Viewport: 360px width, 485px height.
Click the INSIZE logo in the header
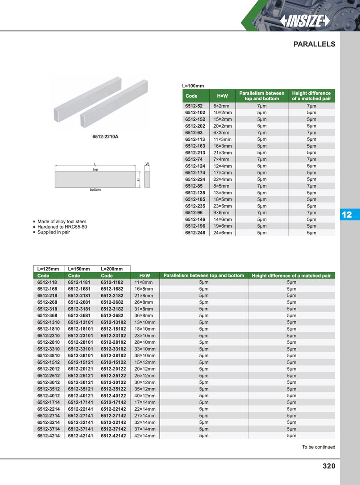[x=305, y=21]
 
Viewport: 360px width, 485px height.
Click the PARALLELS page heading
[x=314, y=44]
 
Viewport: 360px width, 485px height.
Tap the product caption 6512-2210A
[x=105, y=136]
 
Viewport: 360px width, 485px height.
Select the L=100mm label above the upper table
[x=193, y=85]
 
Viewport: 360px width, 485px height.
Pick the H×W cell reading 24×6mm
[x=223, y=233]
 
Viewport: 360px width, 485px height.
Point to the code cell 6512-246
[x=195, y=233]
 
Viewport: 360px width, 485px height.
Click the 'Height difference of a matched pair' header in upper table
[x=311, y=96]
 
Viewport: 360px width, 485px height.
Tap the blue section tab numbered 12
[x=346, y=215]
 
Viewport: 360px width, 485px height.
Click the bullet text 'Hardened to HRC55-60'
[x=62, y=227]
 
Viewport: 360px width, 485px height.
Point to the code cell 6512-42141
[x=81, y=436]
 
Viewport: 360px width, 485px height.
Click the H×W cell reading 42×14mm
[x=145, y=436]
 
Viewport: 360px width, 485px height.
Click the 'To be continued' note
[x=318, y=447]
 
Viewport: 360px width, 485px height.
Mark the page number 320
[x=329, y=466]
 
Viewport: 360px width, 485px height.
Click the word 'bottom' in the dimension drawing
[x=95, y=189]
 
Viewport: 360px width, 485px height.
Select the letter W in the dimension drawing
[x=147, y=164]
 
